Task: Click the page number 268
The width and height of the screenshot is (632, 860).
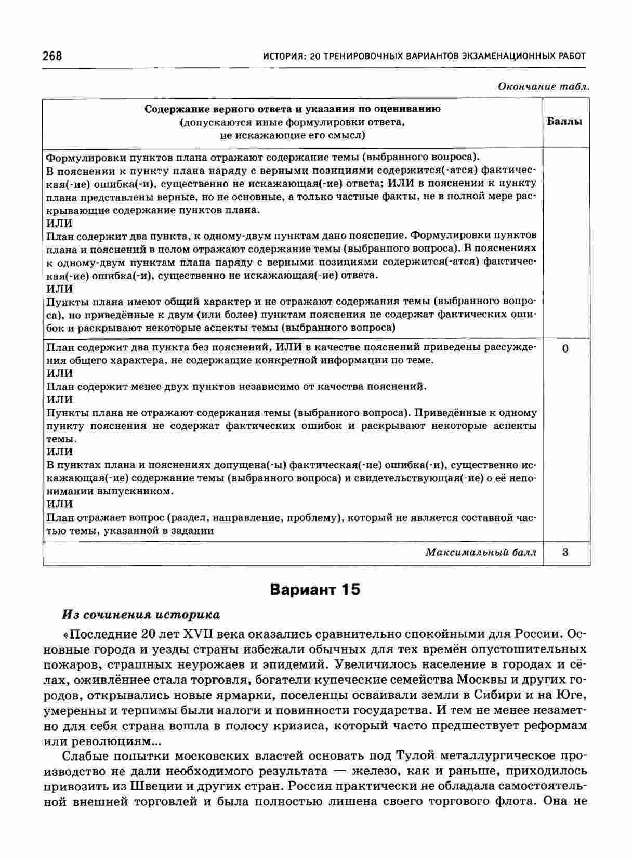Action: [x=52, y=56]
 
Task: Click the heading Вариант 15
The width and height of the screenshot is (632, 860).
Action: [x=315, y=590]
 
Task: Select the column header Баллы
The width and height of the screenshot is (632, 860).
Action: [x=565, y=122]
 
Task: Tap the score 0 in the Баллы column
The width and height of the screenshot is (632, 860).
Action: [x=565, y=348]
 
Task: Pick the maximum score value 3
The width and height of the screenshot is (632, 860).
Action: [x=565, y=552]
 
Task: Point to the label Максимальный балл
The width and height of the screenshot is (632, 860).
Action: [x=481, y=552]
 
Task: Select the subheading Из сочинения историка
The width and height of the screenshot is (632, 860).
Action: [x=141, y=615]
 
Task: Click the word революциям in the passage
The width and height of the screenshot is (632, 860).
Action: [x=101, y=740]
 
